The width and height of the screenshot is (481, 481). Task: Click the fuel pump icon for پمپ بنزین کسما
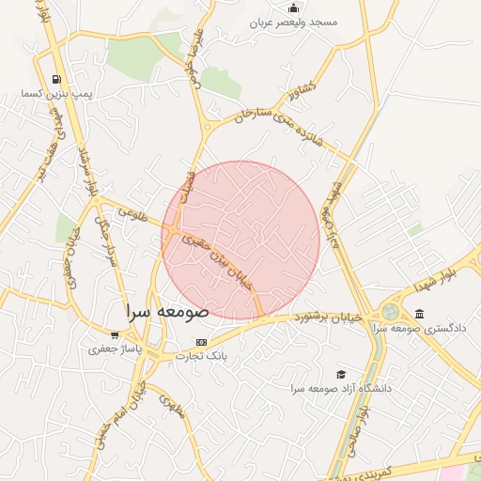[58, 79]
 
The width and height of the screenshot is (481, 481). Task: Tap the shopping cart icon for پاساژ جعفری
[114, 334]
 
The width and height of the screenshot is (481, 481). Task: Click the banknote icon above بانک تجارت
[200, 341]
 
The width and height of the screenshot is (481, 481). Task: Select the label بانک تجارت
[212, 357]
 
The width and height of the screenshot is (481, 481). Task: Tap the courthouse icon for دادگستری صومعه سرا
[419, 314]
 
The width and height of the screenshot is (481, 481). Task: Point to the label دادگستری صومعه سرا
[419, 329]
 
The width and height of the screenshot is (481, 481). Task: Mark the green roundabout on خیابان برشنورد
[389, 312]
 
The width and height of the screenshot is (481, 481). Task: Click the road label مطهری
[169, 405]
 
